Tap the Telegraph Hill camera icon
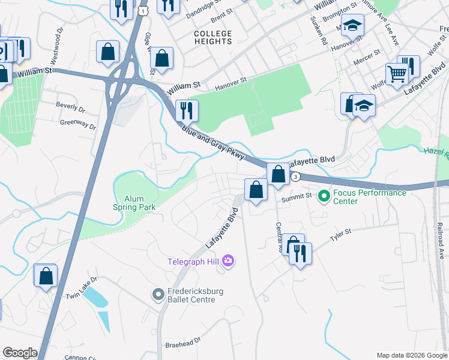click(x=228, y=260)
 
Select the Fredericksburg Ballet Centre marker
click(x=158, y=294)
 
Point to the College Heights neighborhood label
click(x=213, y=37)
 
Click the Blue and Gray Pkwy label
click(x=214, y=144)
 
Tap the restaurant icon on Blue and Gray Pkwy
click(x=187, y=110)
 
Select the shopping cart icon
click(x=397, y=74)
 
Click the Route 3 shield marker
click(x=295, y=176)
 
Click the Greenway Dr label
click(x=78, y=124)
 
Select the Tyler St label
click(x=340, y=233)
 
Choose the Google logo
click(x=20, y=353)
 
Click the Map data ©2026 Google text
click(x=411, y=355)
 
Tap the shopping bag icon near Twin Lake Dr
click(x=46, y=277)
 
